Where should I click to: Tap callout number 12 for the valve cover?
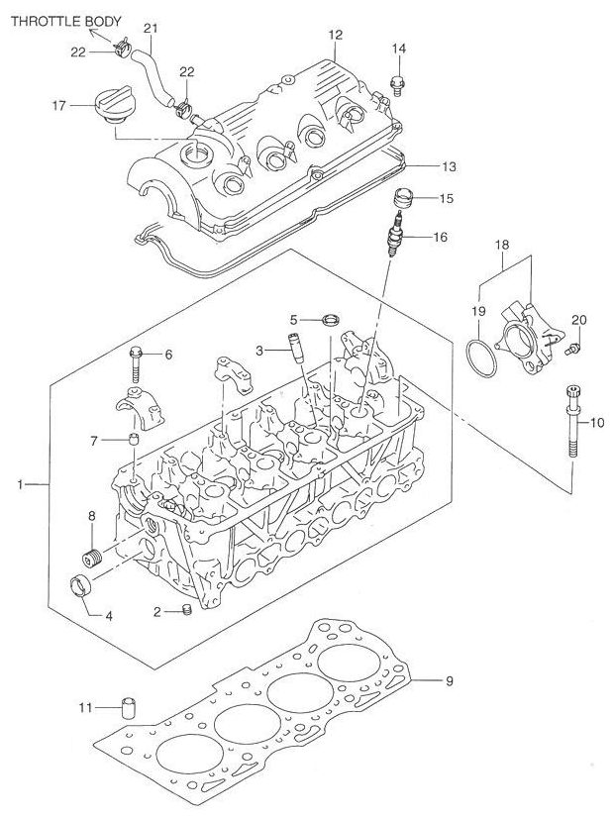pyautogui.click(x=335, y=36)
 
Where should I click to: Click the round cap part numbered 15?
pyautogui.click(x=401, y=195)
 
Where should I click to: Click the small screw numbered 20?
pyautogui.click(x=571, y=350)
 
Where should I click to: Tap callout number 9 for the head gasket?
pyautogui.click(x=449, y=680)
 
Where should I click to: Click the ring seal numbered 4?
pyautogui.click(x=81, y=584)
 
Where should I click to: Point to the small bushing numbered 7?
pyautogui.click(x=132, y=439)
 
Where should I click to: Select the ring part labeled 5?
pyautogui.click(x=333, y=319)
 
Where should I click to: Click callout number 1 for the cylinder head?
pyautogui.click(x=20, y=484)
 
